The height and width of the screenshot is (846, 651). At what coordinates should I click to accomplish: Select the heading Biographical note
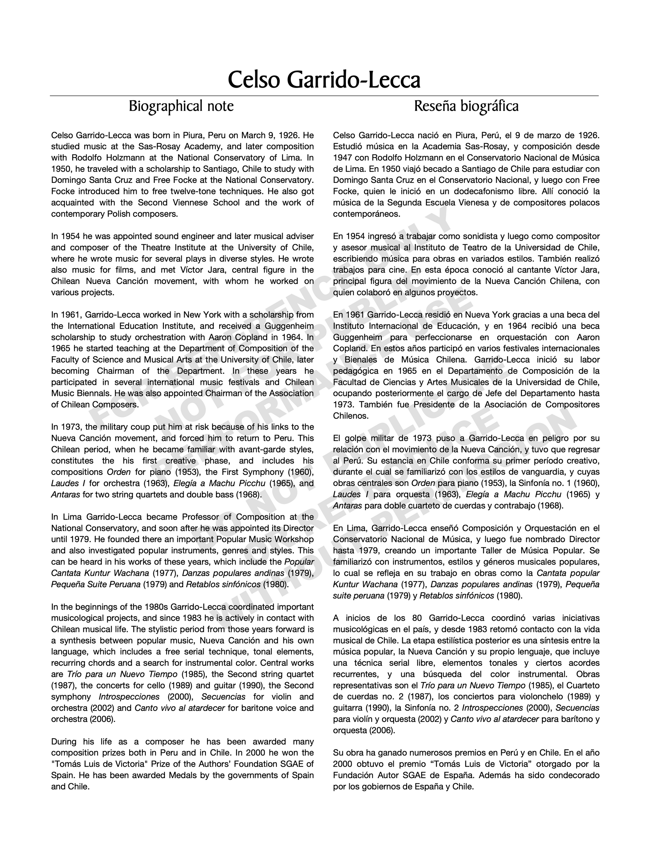181,106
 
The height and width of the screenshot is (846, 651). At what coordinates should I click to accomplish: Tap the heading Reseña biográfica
466,106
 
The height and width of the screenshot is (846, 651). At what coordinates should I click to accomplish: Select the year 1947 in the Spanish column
342,157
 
